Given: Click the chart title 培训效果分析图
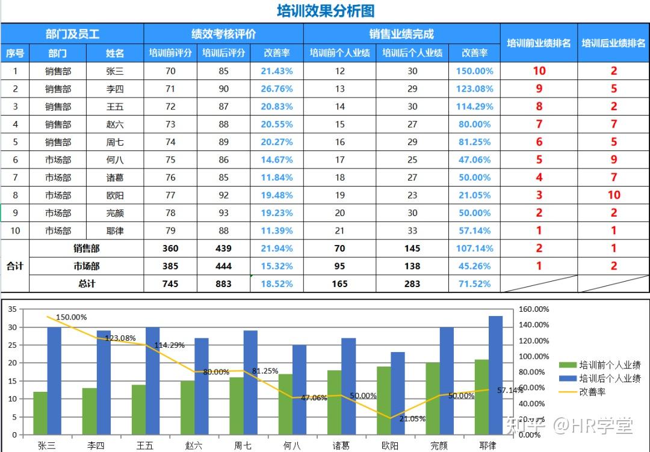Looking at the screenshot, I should (x=325, y=11).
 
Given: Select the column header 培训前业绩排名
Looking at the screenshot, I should (x=539, y=43).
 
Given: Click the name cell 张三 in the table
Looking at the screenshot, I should (x=115, y=71).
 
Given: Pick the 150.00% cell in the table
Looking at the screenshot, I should (x=474, y=71).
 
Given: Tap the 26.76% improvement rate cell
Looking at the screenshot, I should (x=277, y=89).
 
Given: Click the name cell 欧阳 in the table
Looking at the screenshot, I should (x=115, y=195).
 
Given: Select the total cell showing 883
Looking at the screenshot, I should (x=224, y=283).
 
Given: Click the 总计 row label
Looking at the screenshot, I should (x=87, y=283).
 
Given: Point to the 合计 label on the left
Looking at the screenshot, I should (x=15, y=266).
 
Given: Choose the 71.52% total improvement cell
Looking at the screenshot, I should (x=474, y=283).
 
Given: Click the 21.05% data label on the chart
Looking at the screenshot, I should (x=412, y=418).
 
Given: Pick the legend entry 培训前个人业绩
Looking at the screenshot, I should (x=610, y=365).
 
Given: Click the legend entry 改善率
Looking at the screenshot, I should (x=592, y=392).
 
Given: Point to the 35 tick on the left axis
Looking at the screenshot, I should (x=13, y=309).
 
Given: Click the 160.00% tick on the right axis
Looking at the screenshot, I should (x=534, y=309).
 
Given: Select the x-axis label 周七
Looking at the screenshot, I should (x=243, y=445).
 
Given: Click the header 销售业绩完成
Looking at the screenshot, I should (x=401, y=34).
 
